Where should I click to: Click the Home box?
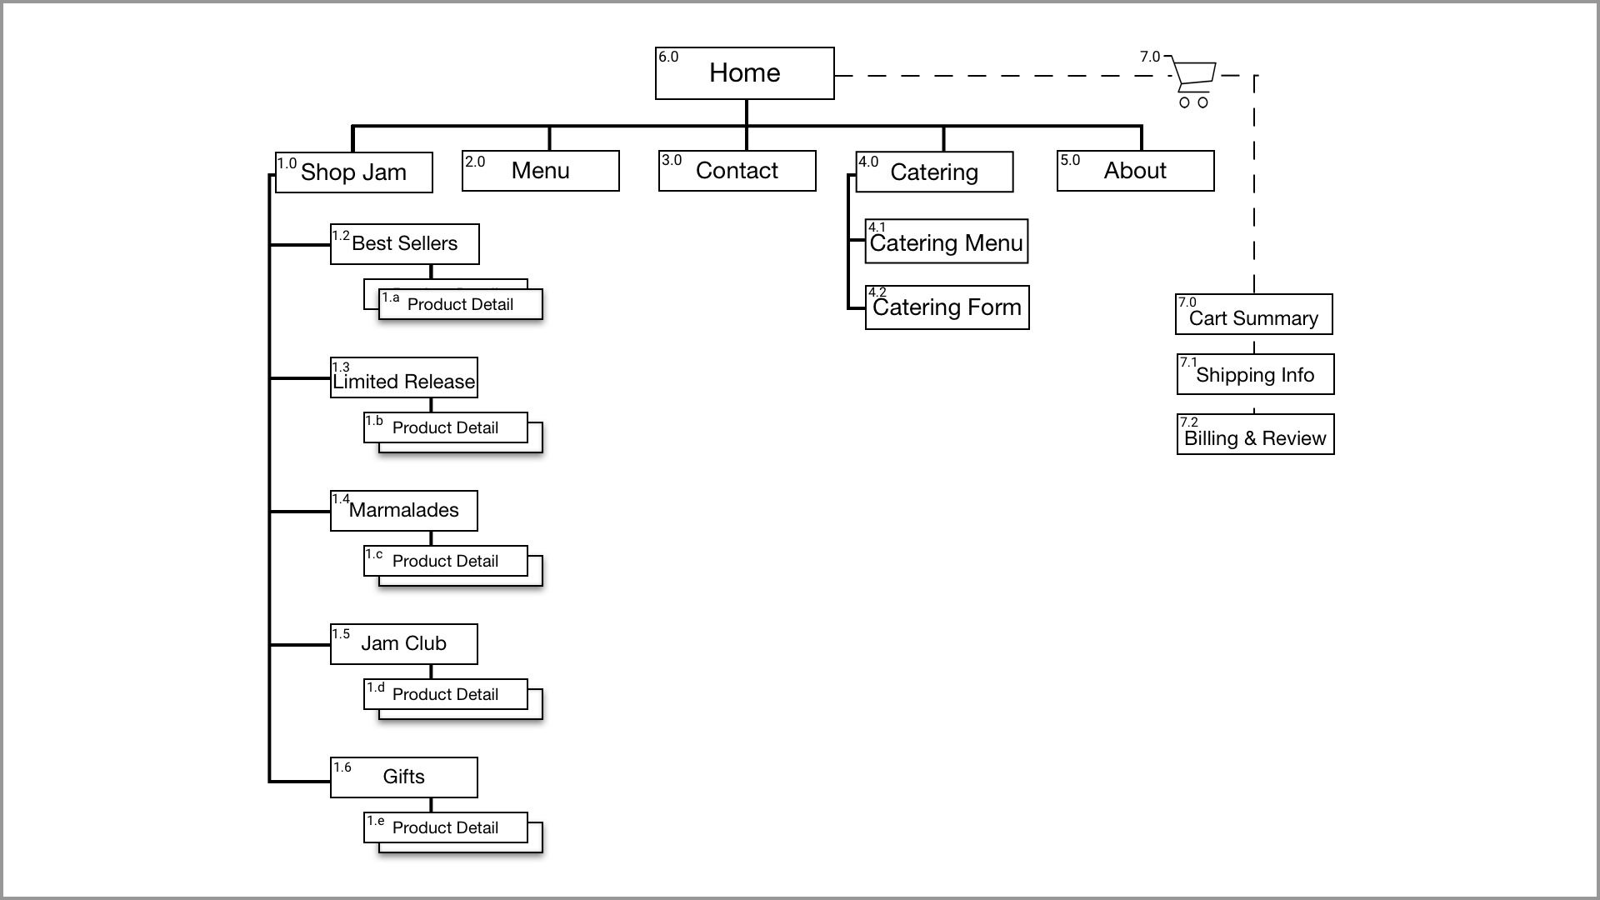[744, 73]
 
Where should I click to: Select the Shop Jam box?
[354, 172]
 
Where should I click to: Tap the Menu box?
[541, 171]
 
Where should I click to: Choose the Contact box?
[737, 171]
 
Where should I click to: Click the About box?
[1136, 171]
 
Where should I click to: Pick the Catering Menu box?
[947, 242]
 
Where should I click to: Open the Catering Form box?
[947, 307]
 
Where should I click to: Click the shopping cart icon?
[1192, 82]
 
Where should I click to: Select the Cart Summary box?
[1254, 314]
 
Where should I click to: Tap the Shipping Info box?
[1256, 374]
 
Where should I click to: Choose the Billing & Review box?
[1256, 434]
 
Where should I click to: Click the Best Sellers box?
[405, 244]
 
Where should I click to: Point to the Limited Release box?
[404, 378]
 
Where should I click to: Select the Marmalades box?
[404, 511]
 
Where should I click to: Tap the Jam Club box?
[404, 644]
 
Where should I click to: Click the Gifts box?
[404, 777]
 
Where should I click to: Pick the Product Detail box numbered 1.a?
[461, 304]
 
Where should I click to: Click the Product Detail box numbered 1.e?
[446, 827]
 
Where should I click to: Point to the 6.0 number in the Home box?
[668, 57]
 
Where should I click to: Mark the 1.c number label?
[374, 554]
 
